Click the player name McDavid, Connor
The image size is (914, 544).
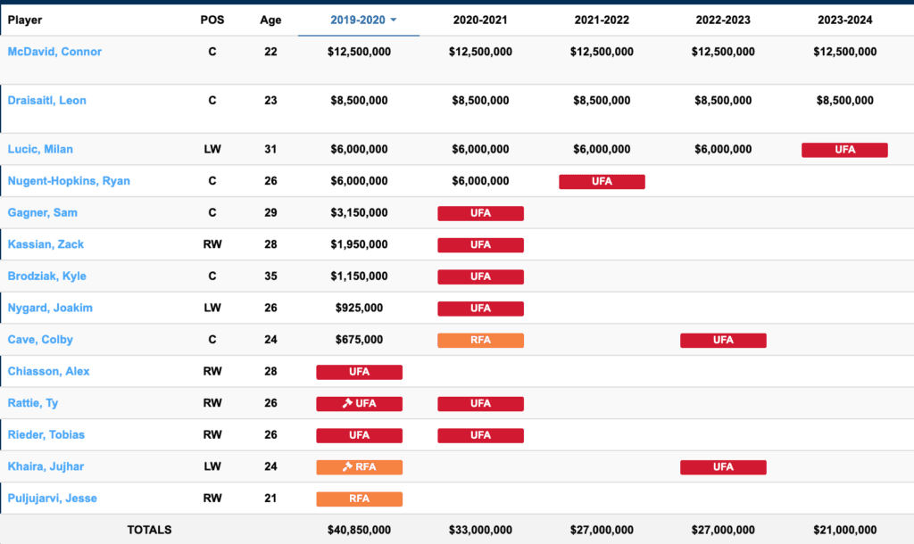click(54, 52)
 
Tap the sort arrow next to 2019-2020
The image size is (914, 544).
click(394, 20)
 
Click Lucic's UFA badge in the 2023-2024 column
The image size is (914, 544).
click(844, 150)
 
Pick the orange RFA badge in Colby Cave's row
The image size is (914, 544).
click(480, 340)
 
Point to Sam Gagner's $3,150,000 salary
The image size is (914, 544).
click(359, 213)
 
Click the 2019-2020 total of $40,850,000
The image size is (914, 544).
click(359, 530)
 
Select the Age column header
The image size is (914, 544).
click(270, 20)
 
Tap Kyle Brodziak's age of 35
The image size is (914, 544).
click(270, 276)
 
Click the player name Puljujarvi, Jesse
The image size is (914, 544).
click(53, 499)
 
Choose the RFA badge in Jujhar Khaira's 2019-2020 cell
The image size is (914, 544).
click(359, 466)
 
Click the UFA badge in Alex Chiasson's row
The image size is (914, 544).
click(359, 372)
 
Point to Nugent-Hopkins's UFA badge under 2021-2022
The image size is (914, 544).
click(602, 182)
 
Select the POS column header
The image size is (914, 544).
click(212, 20)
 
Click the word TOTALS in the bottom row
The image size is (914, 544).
click(149, 530)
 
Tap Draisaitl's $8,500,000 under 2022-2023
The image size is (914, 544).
click(723, 101)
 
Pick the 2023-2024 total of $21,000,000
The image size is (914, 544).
click(844, 530)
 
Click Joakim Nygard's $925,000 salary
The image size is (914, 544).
click(359, 308)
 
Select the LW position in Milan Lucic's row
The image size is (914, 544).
click(212, 150)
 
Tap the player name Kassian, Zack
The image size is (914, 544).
click(46, 244)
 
